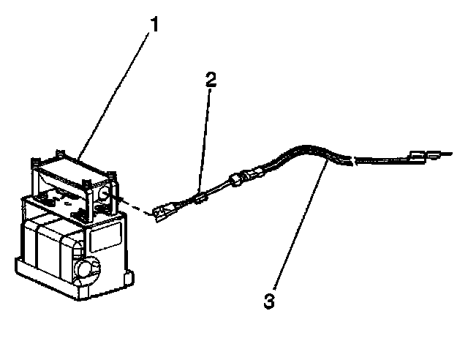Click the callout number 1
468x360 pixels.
click(154, 23)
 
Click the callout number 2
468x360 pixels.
click(211, 80)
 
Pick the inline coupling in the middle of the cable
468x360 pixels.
click(244, 178)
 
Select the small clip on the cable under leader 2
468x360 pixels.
click(199, 197)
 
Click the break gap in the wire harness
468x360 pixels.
click(351, 160)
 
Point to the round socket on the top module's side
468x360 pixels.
click(103, 193)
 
